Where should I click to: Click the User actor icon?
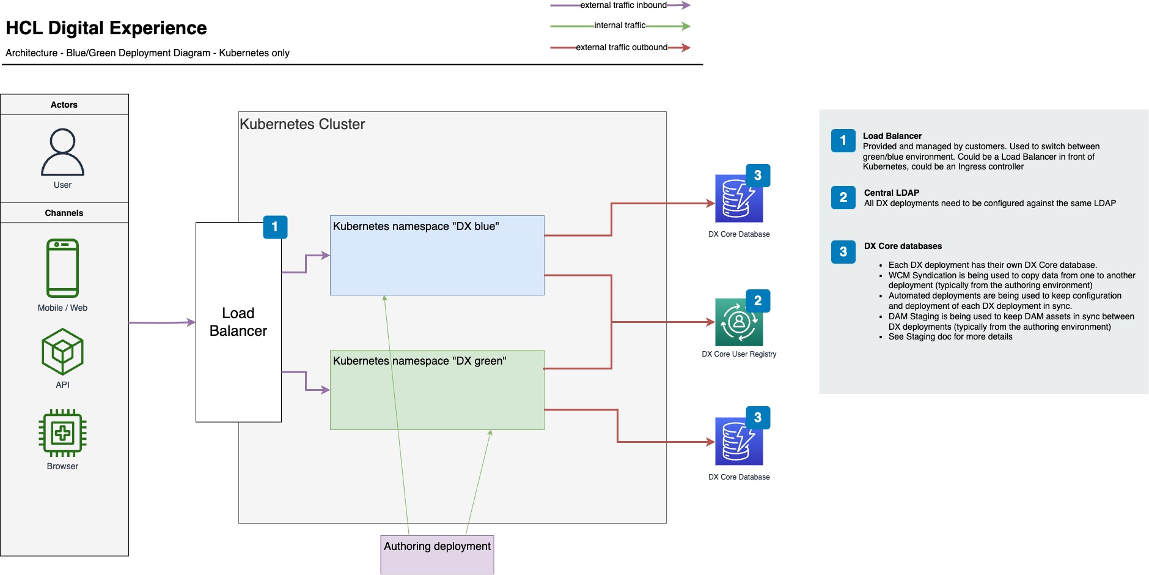pyautogui.click(x=62, y=152)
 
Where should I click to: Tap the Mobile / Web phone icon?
pyautogui.click(x=62, y=268)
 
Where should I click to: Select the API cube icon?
pyautogui.click(x=62, y=352)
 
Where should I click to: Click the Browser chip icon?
pyautogui.click(x=62, y=433)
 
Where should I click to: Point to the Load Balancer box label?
pyautogui.click(x=238, y=322)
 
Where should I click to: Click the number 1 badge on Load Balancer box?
pyautogui.click(x=275, y=227)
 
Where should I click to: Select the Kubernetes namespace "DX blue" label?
pyautogui.click(x=416, y=226)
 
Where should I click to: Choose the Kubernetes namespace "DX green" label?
pyautogui.click(x=420, y=361)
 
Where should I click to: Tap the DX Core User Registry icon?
pyautogui.click(x=739, y=322)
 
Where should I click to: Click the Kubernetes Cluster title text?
pyautogui.click(x=302, y=124)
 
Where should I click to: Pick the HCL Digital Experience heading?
pyautogui.click(x=106, y=28)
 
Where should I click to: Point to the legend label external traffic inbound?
pyautogui.click(x=623, y=6)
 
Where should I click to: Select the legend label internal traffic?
pyautogui.click(x=620, y=26)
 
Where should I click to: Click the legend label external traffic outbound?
pyautogui.click(x=622, y=48)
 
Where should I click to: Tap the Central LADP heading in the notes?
pyautogui.click(x=892, y=193)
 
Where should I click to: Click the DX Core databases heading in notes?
pyautogui.click(x=903, y=246)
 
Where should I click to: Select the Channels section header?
pyautogui.click(x=64, y=213)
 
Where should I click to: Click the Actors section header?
pyautogui.click(x=64, y=105)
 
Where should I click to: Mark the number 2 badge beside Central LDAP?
pyautogui.click(x=843, y=197)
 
